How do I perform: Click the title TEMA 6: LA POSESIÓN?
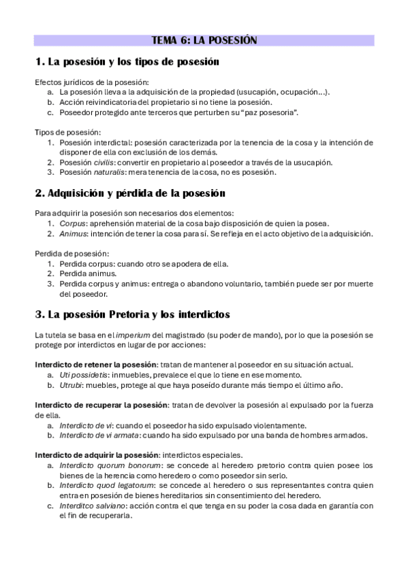pos(204,40)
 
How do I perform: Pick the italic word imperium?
pos(133,336)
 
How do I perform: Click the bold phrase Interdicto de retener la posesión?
pos(95,365)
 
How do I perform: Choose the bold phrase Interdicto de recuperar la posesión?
pos(100,406)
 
